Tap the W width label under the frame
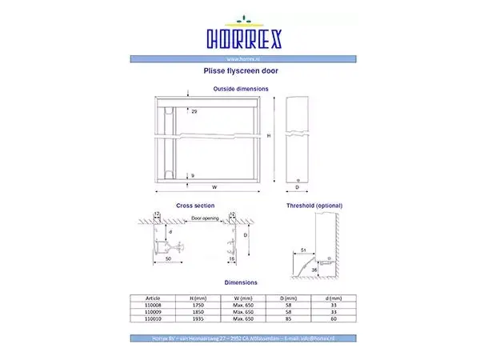click(x=216, y=186)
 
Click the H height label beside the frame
click(x=268, y=136)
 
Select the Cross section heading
click(x=194, y=206)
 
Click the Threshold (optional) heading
click(x=314, y=206)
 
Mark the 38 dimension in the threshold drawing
click(x=314, y=270)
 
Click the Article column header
click(x=151, y=297)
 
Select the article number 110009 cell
click(x=151, y=310)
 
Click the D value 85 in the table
click(x=286, y=318)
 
